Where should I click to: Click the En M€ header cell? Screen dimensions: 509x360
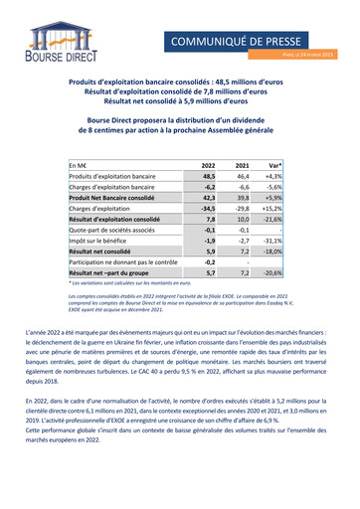click(x=79, y=164)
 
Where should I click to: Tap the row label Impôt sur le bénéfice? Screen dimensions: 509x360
click(x=102, y=241)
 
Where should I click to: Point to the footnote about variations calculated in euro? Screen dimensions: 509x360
click(x=133, y=284)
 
